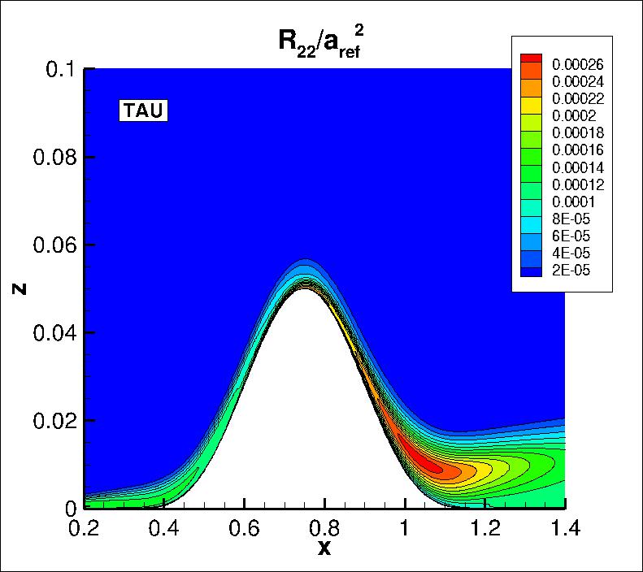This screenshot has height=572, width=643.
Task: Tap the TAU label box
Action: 143,110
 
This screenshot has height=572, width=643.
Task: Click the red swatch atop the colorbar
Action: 531,58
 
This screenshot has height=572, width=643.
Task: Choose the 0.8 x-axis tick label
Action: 325,529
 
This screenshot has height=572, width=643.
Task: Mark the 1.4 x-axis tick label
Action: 565,529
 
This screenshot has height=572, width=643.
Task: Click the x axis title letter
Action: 324,549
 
